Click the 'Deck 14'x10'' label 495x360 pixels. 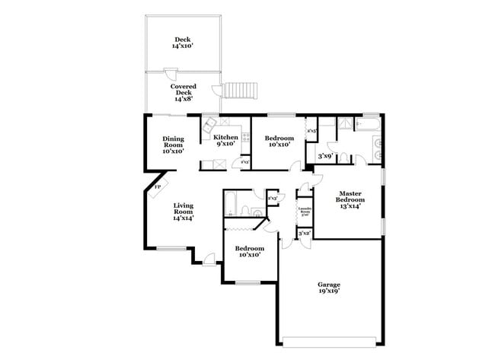(182, 43)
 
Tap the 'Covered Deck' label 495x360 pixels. (183, 93)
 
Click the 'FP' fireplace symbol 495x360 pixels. (158, 186)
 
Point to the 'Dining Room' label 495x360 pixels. (173, 145)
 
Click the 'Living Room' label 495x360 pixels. (182, 212)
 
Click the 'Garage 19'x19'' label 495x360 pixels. (328, 288)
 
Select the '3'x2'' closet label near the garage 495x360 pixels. (304, 234)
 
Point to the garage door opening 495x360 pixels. (329, 339)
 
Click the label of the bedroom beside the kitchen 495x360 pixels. (279, 141)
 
